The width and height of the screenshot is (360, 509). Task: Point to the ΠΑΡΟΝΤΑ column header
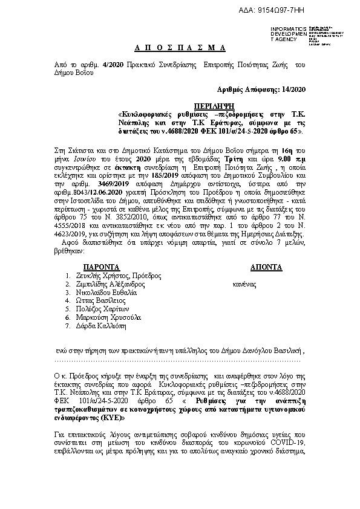[102, 267]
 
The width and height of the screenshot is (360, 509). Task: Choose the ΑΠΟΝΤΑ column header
[266, 267]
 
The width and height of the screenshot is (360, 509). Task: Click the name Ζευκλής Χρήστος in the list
[103, 275]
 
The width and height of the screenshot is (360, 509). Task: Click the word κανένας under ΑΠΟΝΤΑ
[244, 284]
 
